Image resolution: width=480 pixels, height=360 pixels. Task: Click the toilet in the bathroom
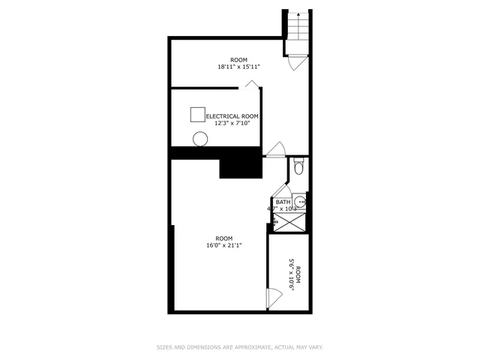point(298,167)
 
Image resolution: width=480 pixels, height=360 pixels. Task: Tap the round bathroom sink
point(299,201)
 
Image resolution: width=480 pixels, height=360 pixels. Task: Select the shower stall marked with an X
point(289,221)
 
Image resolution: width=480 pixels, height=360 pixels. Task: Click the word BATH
point(283,202)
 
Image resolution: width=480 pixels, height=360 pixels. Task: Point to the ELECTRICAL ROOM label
point(232,116)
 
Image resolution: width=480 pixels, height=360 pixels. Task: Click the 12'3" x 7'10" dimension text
point(232,124)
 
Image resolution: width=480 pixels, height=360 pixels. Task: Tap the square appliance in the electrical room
point(197,114)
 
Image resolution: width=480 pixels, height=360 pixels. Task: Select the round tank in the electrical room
point(199,139)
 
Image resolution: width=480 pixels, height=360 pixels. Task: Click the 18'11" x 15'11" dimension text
point(238,67)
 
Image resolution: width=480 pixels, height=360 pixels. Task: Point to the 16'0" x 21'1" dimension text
point(224,244)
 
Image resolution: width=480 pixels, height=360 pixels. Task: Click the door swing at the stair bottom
point(295,63)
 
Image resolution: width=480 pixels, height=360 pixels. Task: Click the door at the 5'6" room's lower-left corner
point(274,298)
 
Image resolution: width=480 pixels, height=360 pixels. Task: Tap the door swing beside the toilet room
point(274,149)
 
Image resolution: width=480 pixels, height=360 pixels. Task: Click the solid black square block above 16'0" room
point(240,163)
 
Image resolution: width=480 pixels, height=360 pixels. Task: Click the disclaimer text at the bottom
point(239,347)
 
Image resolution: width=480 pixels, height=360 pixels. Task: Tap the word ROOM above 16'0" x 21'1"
point(224,238)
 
